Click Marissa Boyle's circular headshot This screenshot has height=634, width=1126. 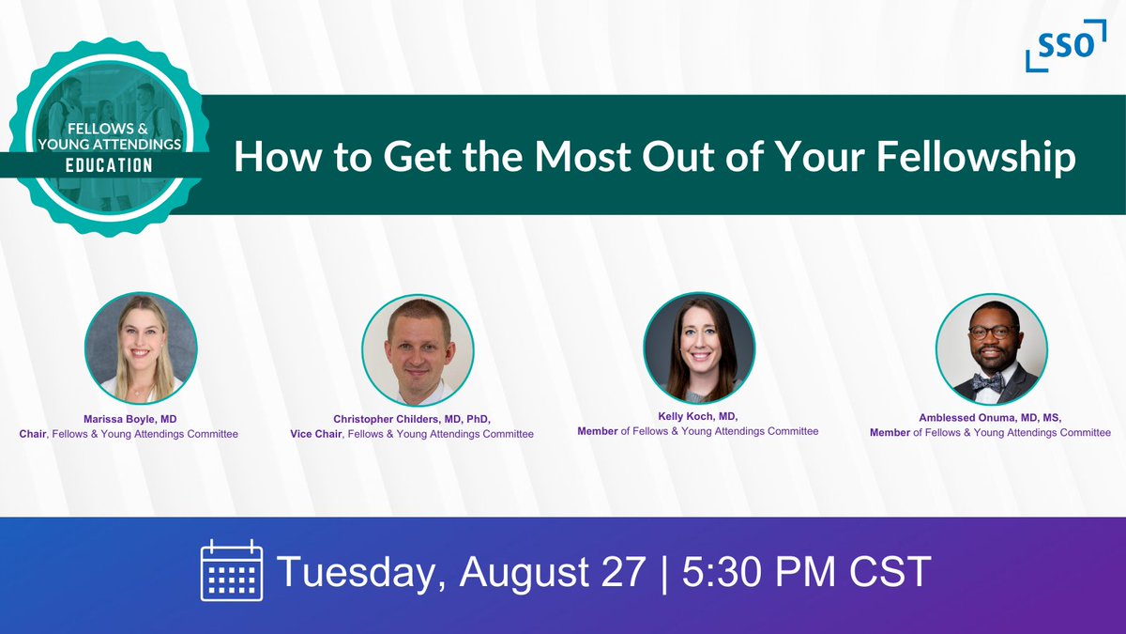pos(141,348)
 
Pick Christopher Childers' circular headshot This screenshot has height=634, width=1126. pos(418,351)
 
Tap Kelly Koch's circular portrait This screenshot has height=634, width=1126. pos(699,348)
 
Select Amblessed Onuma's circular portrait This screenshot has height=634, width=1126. pos(991,349)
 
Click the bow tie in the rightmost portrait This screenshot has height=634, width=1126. pos(986,381)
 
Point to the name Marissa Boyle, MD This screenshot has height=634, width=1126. pos(129,418)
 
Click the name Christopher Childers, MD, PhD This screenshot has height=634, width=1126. pos(412,419)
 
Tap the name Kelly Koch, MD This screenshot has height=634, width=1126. pos(698,416)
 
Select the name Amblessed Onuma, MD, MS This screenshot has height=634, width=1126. pos(990,417)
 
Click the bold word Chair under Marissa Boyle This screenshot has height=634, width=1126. pos(33,434)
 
